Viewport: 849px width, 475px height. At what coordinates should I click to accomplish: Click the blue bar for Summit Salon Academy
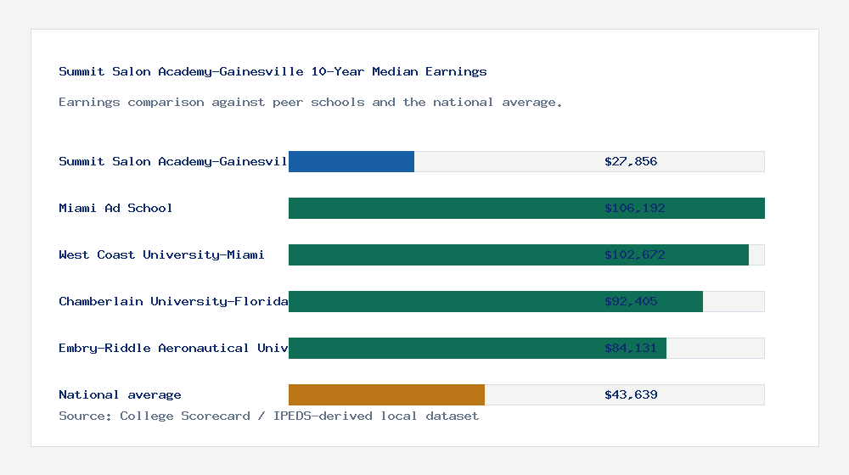pyautogui.click(x=351, y=161)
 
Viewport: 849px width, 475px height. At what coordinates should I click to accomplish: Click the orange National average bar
pyautogui.click(x=386, y=394)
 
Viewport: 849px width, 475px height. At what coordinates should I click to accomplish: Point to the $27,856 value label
pyautogui.click(x=631, y=161)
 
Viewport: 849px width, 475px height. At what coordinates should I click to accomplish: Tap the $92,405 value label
pyautogui.click(x=631, y=301)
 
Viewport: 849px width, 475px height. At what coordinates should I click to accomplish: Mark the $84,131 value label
pyautogui.click(x=631, y=348)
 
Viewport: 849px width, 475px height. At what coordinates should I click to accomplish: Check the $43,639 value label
pyautogui.click(x=631, y=394)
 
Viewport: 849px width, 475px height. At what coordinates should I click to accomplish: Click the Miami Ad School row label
pyautogui.click(x=115, y=208)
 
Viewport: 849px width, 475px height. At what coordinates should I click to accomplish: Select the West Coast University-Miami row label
pyautogui.click(x=161, y=254)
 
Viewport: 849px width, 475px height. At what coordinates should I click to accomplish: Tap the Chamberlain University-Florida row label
pyautogui.click(x=173, y=301)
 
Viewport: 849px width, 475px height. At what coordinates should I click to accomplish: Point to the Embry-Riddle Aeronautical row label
pyautogui.click(x=173, y=348)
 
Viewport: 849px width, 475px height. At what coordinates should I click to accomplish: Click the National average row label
pyautogui.click(x=120, y=394)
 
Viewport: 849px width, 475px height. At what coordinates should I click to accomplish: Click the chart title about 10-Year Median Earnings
pyautogui.click(x=273, y=71)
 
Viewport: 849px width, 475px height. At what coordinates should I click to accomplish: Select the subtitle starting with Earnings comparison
pyautogui.click(x=310, y=102)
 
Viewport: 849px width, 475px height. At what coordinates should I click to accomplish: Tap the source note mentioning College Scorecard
pyautogui.click(x=268, y=416)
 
